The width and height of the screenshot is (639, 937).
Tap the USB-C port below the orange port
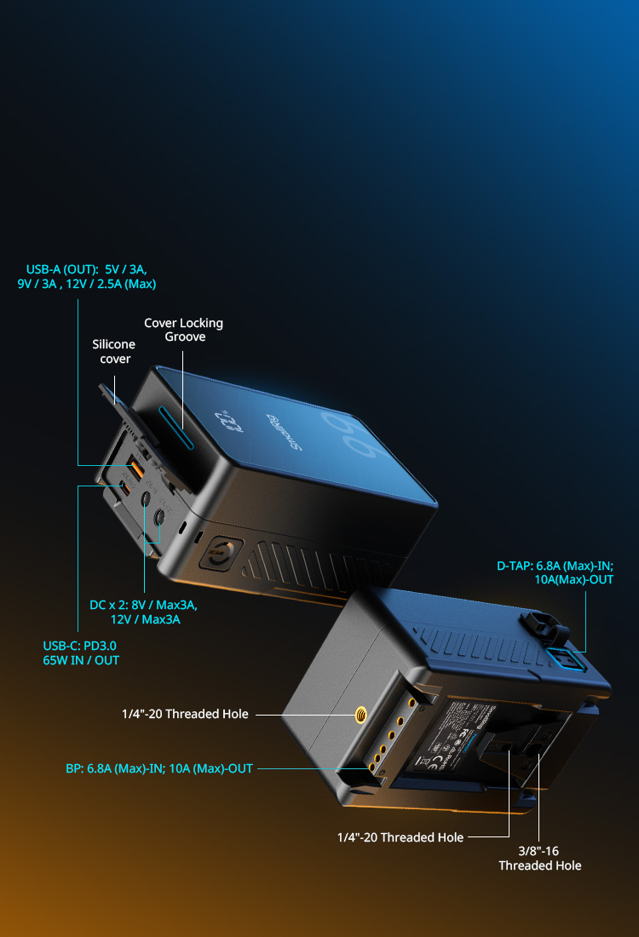(x=125, y=488)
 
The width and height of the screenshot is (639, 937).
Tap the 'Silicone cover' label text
(x=114, y=351)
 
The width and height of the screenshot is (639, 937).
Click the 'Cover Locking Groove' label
(x=183, y=330)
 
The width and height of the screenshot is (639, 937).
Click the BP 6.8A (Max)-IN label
(x=159, y=767)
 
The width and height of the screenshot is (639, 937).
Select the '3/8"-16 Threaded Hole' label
(x=540, y=858)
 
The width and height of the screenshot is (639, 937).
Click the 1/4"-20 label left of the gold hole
(x=185, y=714)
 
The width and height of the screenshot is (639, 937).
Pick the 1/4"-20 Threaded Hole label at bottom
(x=400, y=837)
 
